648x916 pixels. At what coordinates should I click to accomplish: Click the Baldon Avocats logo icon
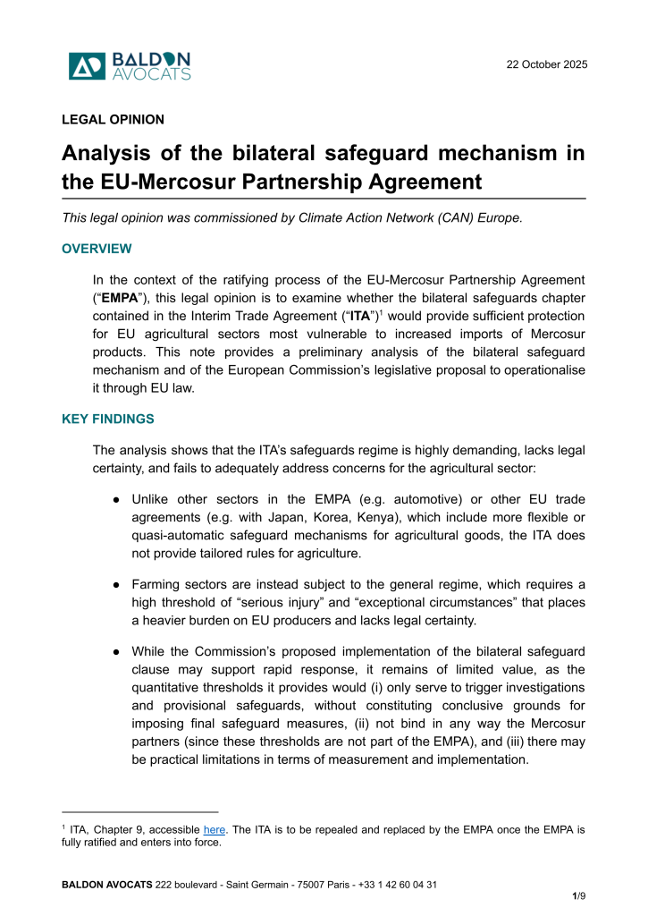[x=87, y=66]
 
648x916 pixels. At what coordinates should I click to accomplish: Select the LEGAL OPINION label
[x=113, y=119]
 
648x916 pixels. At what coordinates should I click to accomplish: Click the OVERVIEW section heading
[x=97, y=249]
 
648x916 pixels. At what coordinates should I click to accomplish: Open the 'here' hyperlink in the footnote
[x=215, y=829]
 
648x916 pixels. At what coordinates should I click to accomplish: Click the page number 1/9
[x=578, y=895]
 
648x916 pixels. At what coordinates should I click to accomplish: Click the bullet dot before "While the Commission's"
[x=117, y=651]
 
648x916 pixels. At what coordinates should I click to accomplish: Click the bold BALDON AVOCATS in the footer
[x=106, y=884]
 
